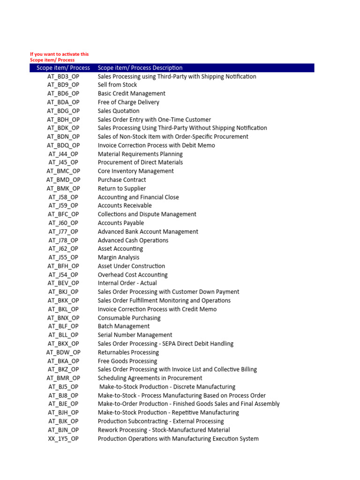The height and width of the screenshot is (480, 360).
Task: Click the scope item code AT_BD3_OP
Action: (63, 76)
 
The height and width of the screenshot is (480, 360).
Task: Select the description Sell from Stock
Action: (117, 85)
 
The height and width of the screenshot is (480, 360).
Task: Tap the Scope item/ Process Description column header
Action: (140, 68)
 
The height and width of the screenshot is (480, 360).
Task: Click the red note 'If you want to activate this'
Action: (59, 54)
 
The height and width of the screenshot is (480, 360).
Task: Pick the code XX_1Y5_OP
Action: (63, 439)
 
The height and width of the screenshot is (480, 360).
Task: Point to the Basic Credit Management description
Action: (131, 94)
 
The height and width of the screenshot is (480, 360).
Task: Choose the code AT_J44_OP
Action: (63, 154)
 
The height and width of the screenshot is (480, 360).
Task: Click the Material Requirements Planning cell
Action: (140, 154)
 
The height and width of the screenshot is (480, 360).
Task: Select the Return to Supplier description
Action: (122, 188)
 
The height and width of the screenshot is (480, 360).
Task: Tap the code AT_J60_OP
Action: (63, 223)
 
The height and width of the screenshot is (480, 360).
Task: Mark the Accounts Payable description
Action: (121, 223)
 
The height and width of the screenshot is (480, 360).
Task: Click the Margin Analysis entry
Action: (119, 257)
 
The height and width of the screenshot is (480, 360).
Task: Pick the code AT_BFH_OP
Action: (63, 266)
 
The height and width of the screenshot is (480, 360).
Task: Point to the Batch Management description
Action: (124, 326)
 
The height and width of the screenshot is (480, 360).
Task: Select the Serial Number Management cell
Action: (135, 335)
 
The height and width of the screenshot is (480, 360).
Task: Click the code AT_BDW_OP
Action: (63, 352)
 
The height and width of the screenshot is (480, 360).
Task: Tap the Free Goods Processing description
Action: (127, 361)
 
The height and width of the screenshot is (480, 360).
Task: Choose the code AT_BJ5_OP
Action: (63, 387)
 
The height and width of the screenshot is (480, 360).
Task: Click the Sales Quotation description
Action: (119, 111)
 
